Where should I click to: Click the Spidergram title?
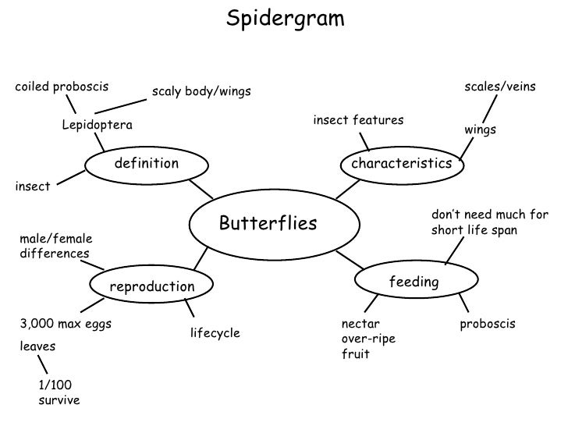tap(284, 18)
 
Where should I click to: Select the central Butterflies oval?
tap(268, 224)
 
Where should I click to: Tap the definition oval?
tap(147, 164)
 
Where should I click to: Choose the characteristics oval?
tap(401, 164)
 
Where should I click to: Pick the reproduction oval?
tap(151, 286)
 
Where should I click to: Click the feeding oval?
tap(414, 282)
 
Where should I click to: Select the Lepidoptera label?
tap(98, 125)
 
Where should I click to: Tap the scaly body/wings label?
tap(201, 92)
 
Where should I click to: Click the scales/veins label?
tap(500, 86)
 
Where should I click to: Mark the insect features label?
tap(358, 120)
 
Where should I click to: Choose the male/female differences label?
tap(55, 246)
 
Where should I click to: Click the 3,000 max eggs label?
tap(65, 323)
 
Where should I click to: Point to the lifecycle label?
tap(215, 333)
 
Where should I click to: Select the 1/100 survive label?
tap(59, 392)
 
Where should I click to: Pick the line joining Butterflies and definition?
tap(201, 188)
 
